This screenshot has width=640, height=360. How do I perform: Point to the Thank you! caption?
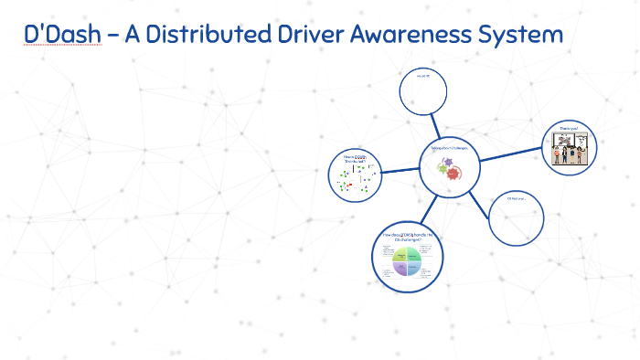[x=569, y=129]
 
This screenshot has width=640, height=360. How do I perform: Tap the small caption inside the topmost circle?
[x=423, y=78]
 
